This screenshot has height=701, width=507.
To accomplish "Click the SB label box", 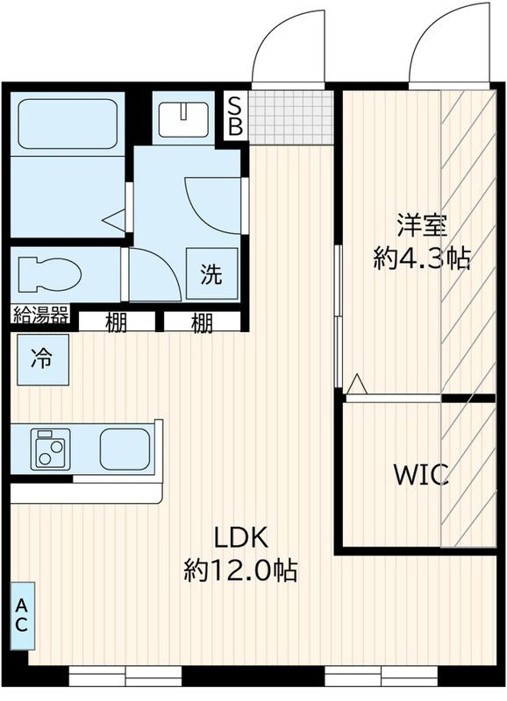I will (x=235, y=116).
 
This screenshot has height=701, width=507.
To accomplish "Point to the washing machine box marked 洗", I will (x=211, y=274).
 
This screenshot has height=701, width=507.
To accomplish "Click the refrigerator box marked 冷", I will (x=40, y=359).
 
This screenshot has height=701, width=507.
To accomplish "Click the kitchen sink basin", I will (x=124, y=449).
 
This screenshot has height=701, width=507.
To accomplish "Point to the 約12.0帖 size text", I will (x=239, y=571).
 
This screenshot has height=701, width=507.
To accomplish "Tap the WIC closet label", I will (x=421, y=476).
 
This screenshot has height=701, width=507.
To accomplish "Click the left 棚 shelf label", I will (x=117, y=322).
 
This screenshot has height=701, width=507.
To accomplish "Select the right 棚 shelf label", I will (x=202, y=322).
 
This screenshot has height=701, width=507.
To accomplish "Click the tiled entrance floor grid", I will (x=291, y=116).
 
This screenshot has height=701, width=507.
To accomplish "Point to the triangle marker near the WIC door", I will (x=356, y=384).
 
